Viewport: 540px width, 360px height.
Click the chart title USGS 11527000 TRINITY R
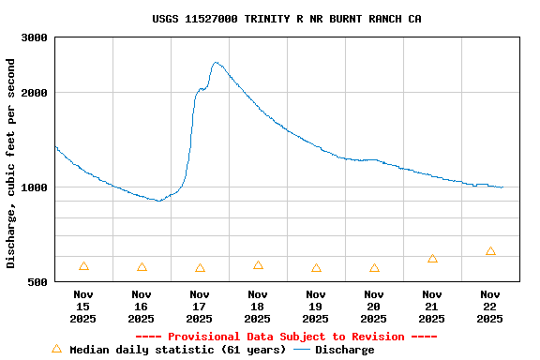286,19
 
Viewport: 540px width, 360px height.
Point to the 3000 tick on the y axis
35,37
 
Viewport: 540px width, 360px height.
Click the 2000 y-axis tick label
35,93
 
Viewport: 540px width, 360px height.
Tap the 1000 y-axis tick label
35,187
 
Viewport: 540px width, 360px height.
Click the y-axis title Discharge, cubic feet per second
11,163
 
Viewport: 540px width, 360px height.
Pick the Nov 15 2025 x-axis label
83,307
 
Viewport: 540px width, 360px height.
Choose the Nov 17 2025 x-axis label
200,307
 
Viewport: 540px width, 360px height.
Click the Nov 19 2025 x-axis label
316,307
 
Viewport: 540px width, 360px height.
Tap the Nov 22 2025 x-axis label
490,307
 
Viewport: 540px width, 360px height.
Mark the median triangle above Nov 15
83,266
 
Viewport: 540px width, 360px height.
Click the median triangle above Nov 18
258,265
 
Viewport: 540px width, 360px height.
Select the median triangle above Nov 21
432,258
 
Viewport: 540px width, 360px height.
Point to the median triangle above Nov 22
490,251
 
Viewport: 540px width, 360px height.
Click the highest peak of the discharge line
216,63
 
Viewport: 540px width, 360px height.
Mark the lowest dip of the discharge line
159,201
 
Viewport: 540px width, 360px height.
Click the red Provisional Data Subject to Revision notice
286,337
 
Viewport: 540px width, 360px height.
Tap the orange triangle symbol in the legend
56,349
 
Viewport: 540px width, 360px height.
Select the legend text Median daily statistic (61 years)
178,350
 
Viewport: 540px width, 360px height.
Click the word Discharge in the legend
344,350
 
